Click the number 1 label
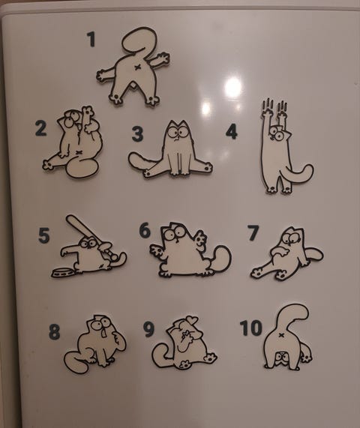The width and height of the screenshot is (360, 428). [x=91, y=39]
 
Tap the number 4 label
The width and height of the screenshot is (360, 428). [x=231, y=132]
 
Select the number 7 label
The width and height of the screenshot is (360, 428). [x=253, y=233]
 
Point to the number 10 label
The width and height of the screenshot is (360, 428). [x=251, y=328]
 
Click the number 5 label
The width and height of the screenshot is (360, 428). [x=44, y=236]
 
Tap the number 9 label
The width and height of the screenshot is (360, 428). [x=149, y=329]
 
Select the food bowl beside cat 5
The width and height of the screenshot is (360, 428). [x=62, y=272]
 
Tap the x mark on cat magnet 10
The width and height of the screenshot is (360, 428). [x=280, y=335]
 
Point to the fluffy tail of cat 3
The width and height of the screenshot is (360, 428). [x=142, y=161]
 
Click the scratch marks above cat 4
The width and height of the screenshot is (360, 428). [x=274, y=106]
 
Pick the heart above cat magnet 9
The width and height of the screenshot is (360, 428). [x=193, y=319]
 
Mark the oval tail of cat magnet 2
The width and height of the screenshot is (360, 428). [x=82, y=169]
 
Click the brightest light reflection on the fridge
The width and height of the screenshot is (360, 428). [x=233, y=88]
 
